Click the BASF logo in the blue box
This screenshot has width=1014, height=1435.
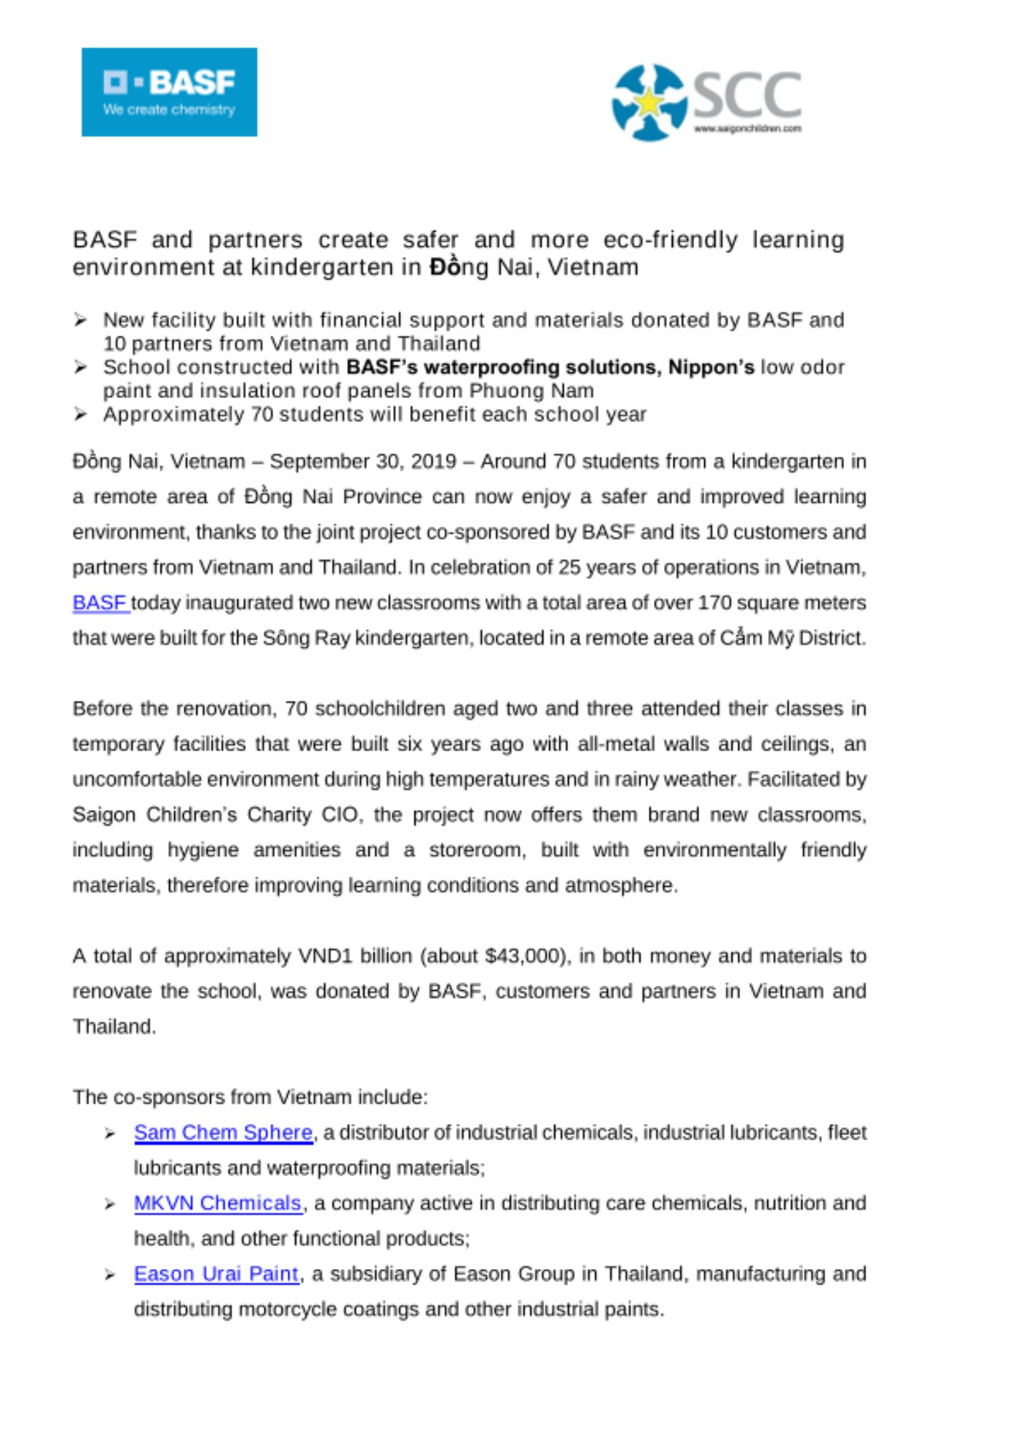click(169, 91)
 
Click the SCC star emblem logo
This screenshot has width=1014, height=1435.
click(648, 102)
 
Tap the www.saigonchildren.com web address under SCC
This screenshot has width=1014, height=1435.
click(747, 129)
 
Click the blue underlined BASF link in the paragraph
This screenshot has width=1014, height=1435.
click(100, 603)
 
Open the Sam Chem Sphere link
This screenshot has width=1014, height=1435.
click(223, 1132)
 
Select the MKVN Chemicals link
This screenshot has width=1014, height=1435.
click(217, 1203)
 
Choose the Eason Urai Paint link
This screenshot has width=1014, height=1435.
click(216, 1274)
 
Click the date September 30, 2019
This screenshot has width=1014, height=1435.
click(363, 461)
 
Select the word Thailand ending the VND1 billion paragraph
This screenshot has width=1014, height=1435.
click(113, 1027)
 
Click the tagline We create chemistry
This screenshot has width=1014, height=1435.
click(169, 110)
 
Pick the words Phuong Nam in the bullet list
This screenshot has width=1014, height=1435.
click(531, 391)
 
